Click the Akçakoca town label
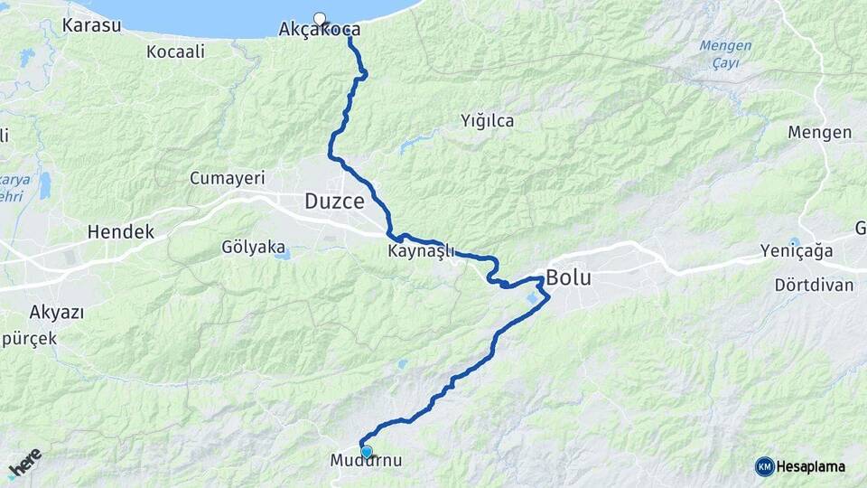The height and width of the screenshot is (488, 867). click(320, 30)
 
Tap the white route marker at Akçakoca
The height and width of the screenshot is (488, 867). click(319, 17)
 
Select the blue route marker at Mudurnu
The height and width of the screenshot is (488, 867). click(366, 451)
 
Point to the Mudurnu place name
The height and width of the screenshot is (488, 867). click(365, 462)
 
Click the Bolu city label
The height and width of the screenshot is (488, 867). click(569, 277)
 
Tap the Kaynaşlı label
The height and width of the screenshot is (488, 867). click(421, 251)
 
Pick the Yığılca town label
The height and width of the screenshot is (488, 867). click(488, 120)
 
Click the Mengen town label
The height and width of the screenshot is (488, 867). click(819, 133)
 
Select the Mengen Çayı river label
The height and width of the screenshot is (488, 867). click(725, 54)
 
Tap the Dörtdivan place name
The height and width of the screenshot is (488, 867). click(814, 285)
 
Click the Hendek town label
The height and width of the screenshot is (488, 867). click(120, 232)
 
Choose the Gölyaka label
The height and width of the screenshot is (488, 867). click(253, 246)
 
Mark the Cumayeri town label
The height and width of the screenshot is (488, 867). click(225, 178)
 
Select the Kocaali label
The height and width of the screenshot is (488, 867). click(175, 52)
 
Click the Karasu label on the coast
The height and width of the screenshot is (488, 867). click(92, 25)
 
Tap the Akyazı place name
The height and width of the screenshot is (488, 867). click(57, 313)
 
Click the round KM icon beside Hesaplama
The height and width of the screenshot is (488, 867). click(764, 466)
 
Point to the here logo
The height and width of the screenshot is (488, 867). click(24, 465)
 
